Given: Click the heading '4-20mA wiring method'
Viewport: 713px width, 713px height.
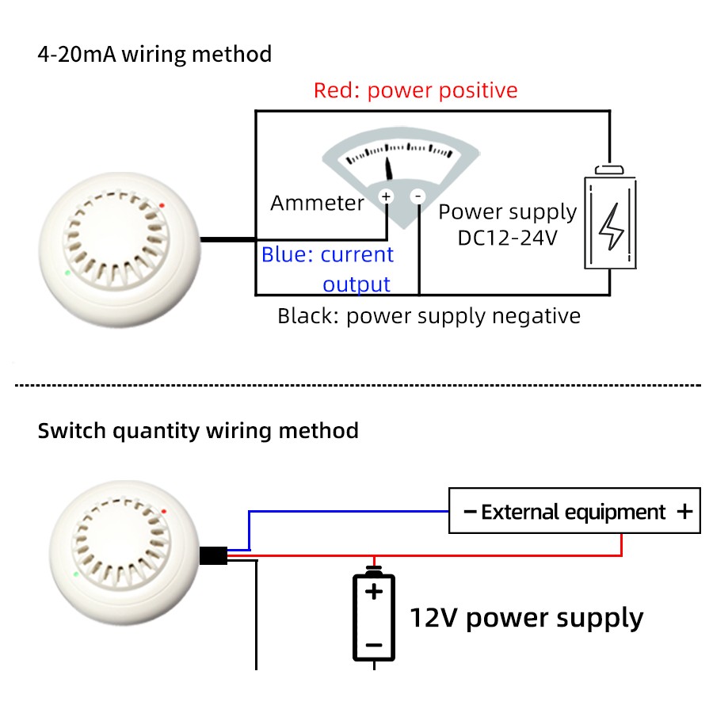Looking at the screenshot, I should (154, 55).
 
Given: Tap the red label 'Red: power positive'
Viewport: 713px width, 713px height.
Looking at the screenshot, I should (415, 90).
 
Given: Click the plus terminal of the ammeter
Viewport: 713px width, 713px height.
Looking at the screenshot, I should (386, 196).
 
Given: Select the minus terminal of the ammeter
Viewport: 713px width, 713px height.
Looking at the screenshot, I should (418, 196).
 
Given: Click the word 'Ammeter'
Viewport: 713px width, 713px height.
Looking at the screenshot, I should (317, 203).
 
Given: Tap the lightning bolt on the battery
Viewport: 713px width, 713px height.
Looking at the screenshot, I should (611, 227).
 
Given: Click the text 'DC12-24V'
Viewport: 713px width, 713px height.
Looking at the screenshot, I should (507, 237).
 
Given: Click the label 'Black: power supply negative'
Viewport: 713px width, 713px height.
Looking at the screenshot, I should (429, 316).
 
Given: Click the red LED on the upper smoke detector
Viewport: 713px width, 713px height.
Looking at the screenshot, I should (162, 205).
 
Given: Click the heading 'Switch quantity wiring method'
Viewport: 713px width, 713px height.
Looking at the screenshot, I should (198, 431).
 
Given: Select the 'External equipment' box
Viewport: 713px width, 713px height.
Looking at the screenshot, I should (574, 511).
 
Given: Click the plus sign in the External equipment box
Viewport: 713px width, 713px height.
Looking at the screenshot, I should (685, 512).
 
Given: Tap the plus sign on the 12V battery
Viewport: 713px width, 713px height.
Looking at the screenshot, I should (374, 591).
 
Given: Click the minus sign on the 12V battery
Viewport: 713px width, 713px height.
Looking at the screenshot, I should (374, 645).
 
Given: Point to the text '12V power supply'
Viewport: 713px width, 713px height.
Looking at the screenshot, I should (526, 617).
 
